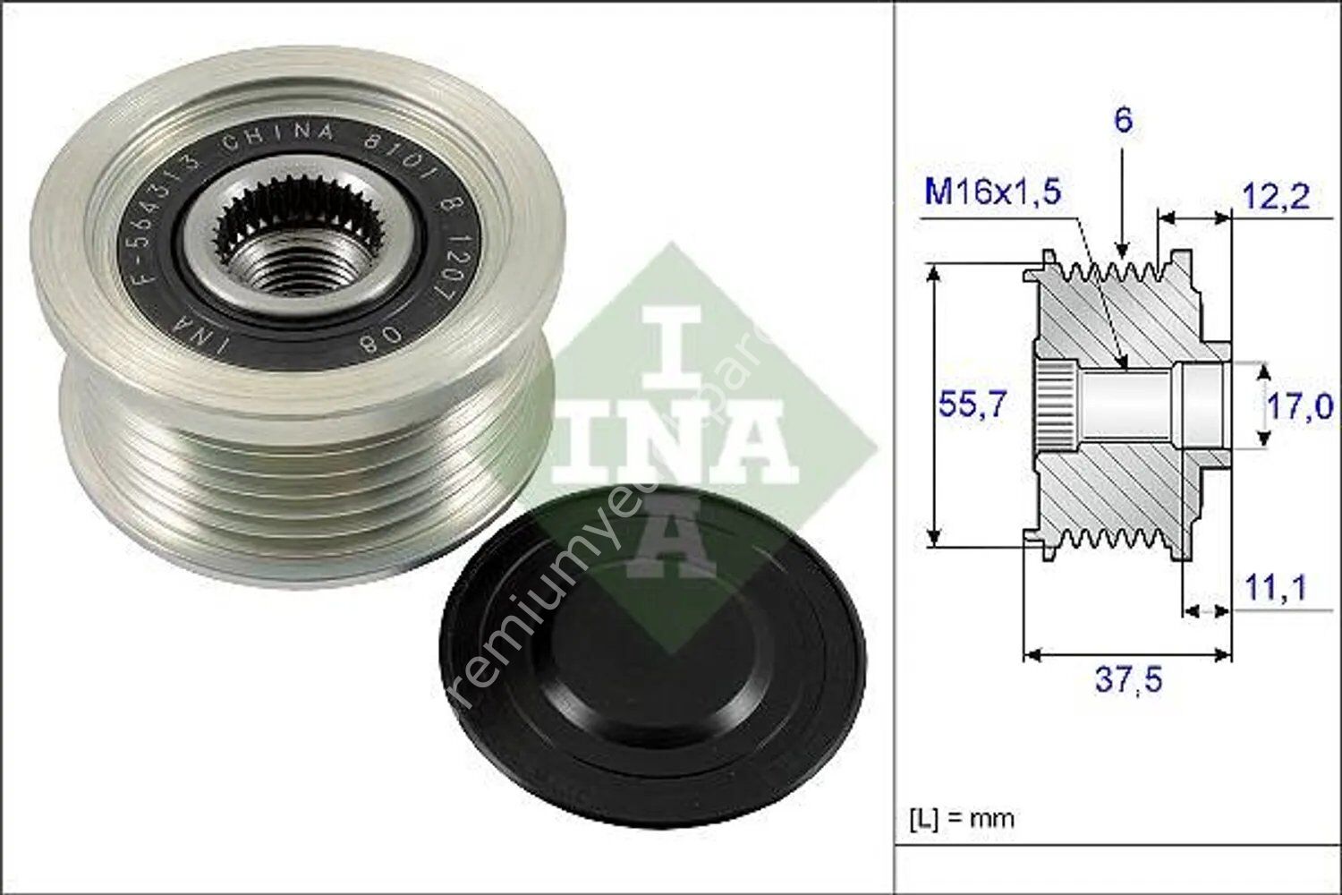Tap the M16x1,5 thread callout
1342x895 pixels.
tap(992, 192)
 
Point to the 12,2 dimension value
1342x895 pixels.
tap(1276, 196)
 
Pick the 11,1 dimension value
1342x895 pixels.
tap(1276, 588)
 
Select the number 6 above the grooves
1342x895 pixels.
tap(1123, 121)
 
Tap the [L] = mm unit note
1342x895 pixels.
tap(962, 817)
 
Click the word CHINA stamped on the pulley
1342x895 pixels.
tap(278, 139)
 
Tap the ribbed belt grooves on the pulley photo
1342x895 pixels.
tap(295, 465)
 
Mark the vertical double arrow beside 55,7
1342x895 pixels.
tap(933, 405)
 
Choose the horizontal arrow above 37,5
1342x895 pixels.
tap(1127, 655)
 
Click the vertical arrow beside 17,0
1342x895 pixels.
tap(1262, 405)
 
